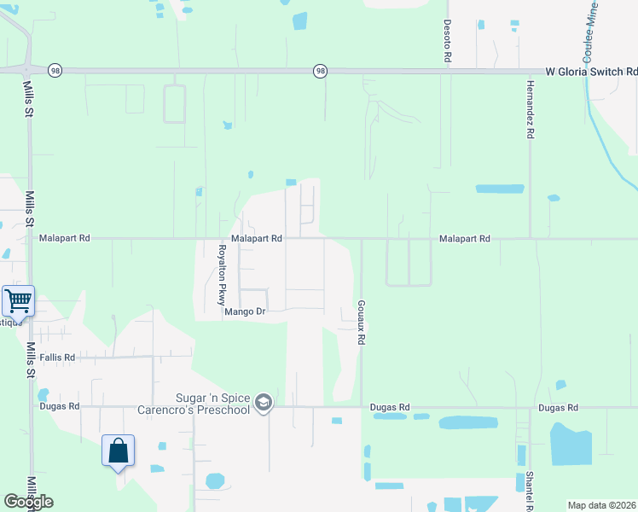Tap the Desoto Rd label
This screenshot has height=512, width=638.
pos(446,42)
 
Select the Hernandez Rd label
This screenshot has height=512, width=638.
pos(530,110)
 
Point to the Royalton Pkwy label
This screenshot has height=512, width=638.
pos(221,274)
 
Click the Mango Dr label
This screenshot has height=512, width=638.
pos(246,312)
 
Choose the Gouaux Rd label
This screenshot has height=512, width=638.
pos(362,322)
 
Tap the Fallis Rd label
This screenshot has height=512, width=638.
pos(57,358)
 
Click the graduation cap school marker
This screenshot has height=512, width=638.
pos(264,403)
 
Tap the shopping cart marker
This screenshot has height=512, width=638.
pos(19,300)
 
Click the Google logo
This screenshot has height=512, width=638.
pos(28,502)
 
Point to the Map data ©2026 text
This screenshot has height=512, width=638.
pos(602,505)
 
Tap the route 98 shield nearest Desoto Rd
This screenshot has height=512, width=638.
pos(320,70)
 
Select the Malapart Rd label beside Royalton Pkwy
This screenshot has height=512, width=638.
pos(256,240)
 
